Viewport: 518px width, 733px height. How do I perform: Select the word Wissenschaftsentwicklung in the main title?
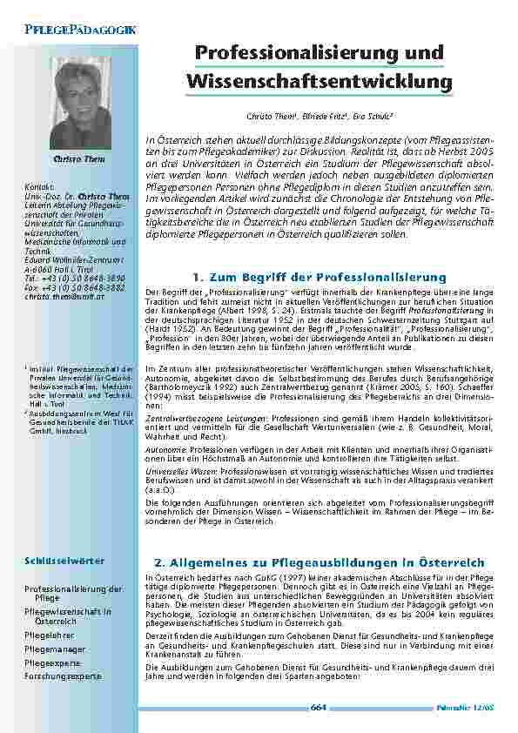320,82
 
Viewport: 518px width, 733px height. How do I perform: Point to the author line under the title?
321,114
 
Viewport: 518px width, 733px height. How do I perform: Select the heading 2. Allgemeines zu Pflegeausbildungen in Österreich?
325,563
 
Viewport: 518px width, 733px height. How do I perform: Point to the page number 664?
318,706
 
